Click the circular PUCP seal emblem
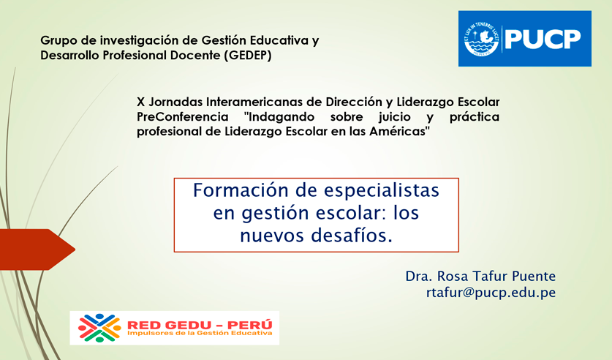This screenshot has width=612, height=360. pyautogui.click(x=482, y=39)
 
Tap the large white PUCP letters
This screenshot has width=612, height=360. pyautogui.click(x=543, y=39)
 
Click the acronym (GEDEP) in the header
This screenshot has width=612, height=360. pyautogui.click(x=247, y=56)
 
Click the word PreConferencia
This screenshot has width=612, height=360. pyautogui.click(x=183, y=117)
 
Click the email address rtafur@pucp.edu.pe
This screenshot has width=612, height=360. pyautogui.click(x=491, y=293)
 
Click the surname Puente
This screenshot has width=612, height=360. pyautogui.click(x=534, y=276)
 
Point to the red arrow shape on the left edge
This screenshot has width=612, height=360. pyautogui.click(x=37, y=250)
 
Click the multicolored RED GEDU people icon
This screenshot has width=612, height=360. pyautogui.click(x=99, y=328)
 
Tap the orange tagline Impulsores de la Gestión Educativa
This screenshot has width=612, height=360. pyautogui.click(x=200, y=333)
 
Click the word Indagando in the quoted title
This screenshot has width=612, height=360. pyautogui.click(x=282, y=117)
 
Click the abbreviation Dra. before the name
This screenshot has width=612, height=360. pyautogui.click(x=419, y=276)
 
